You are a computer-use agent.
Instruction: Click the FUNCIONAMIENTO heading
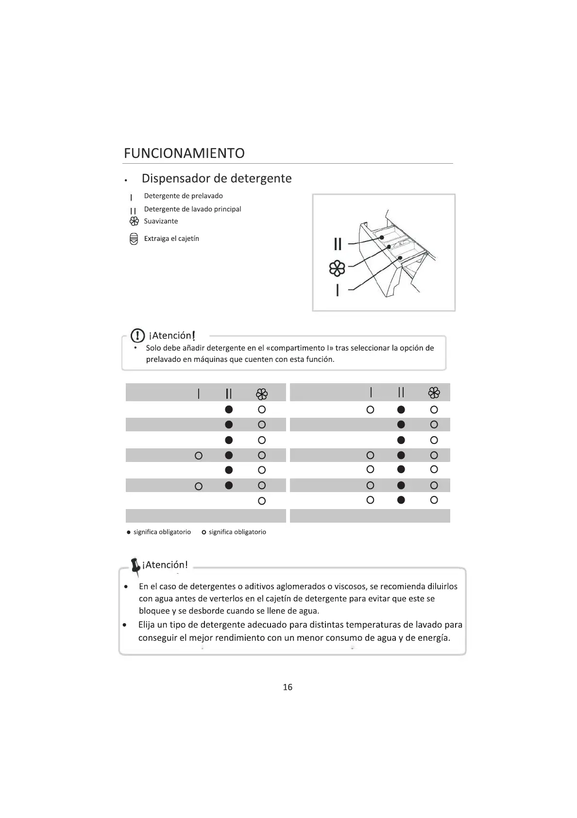click(184, 153)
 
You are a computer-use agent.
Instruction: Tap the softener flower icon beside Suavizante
click(134, 222)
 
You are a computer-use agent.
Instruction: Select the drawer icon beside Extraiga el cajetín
click(134, 239)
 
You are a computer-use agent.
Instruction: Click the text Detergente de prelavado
click(183, 196)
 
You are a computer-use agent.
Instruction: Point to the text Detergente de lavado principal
click(192, 209)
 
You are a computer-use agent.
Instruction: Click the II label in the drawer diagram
click(338, 243)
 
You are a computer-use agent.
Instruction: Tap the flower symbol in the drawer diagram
click(338, 268)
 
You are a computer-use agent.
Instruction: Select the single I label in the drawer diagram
click(338, 290)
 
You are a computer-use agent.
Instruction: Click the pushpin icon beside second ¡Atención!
click(135, 566)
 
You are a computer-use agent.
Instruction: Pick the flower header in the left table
click(262, 393)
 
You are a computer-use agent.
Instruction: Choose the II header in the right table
click(401, 392)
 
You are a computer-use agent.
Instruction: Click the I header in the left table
click(198, 393)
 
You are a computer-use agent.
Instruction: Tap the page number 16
click(288, 687)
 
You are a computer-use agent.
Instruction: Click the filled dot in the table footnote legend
click(128, 532)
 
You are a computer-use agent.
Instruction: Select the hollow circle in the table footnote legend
click(204, 532)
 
